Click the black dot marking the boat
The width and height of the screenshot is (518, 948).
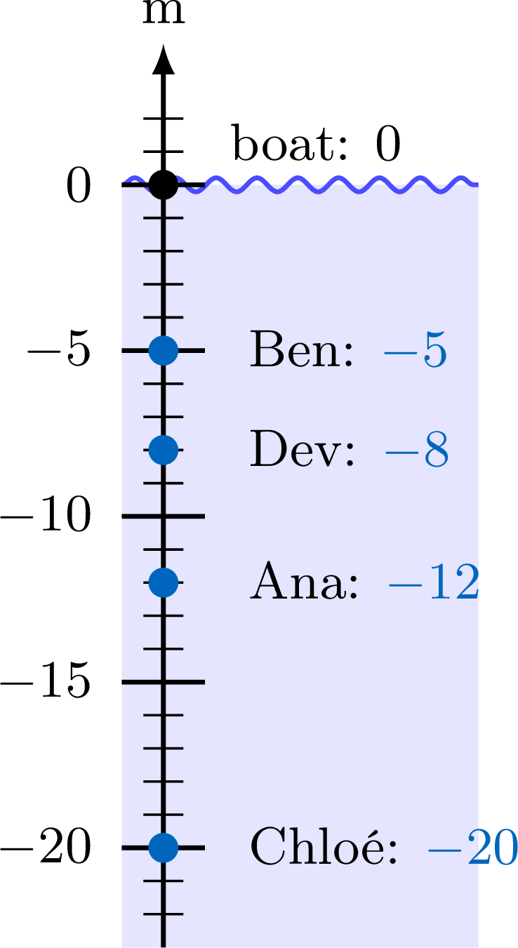pyautogui.click(x=164, y=185)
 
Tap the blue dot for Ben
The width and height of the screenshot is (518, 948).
pyautogui.click(x=164, y=350)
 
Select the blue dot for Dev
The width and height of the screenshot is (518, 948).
pyautogui.click(x=164, y=450)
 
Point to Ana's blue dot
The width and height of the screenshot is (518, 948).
pyautogui.click(x=164, y=582)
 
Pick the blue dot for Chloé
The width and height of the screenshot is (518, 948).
pyautogui.click(x=164, y=848)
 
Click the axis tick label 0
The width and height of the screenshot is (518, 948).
pyautogui.click(x=79, y=186)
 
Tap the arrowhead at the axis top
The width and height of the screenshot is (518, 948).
pyautogui.click(x=164, y=59)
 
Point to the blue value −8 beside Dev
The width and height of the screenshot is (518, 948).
pyautogui.click(x=417, y=450)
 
